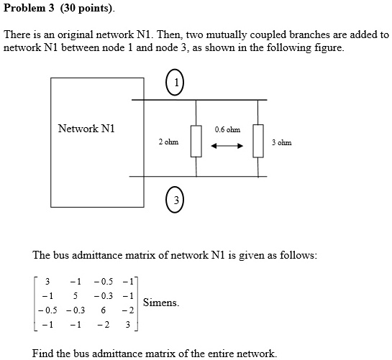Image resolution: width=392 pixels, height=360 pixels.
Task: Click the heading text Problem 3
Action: (29, 9)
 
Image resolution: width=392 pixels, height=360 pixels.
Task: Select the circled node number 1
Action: (175, 84)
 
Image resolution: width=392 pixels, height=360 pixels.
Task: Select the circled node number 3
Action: (175, 199)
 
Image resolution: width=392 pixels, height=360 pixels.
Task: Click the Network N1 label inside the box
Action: (86, 129)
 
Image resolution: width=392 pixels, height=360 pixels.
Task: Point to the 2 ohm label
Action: (168, 142)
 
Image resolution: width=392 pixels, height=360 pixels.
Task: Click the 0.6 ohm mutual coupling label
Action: (227, 129)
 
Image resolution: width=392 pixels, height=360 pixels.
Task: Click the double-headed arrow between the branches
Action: (227, 147)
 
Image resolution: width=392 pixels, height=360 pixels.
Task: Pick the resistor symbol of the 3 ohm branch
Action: (258, 139)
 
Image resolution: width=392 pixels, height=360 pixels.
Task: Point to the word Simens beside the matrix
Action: (160, 303)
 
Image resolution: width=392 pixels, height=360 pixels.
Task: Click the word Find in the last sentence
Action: (43, 353)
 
